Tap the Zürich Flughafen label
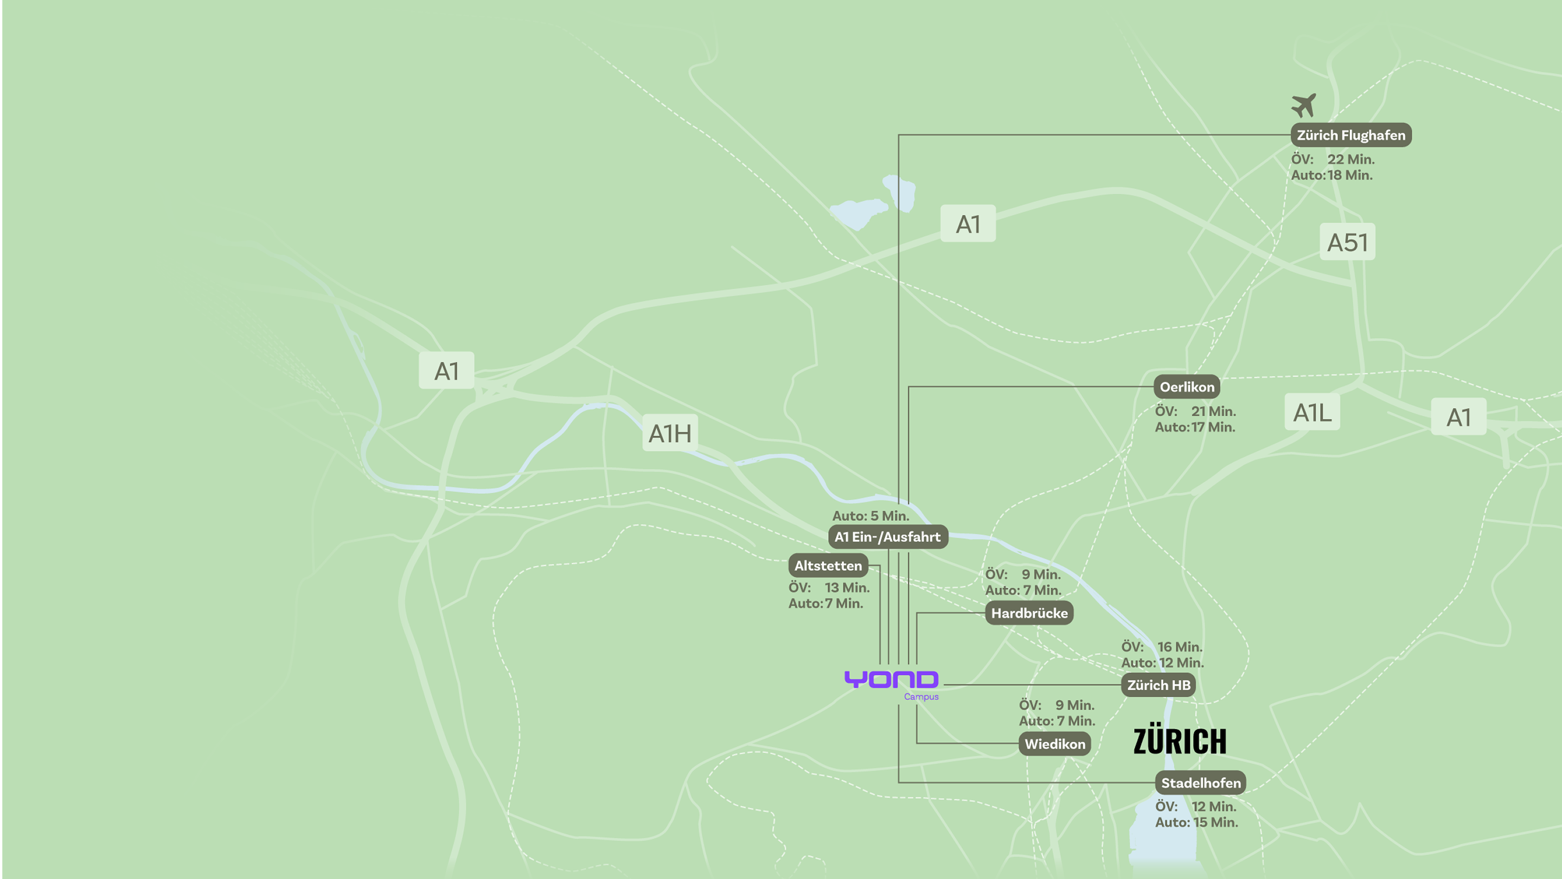click(x=1351, y=135)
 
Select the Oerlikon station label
click(x=1187, y=386)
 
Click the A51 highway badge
click(x=1347, y=242)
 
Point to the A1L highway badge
click(x=1312, y=412)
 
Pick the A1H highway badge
click(x=670, y=433)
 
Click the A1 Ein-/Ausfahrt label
click(x=888, y=537)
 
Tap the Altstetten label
click(x=828, y=565)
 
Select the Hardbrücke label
click(x=1029, y=613)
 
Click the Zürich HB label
click(x=1158, y=685)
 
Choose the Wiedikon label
click(x=1054, y=744)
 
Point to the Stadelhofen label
click(x=1201, y=782)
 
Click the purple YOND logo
click(x=891, y=679)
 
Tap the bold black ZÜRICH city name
click(x=1180, y=741)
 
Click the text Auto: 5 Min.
click(x=870, y=515)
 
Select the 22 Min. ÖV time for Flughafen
click(x=1351, y=159)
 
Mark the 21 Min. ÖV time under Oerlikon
click(x=1213, y=411)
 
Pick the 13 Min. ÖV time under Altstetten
click(x=847, y=587)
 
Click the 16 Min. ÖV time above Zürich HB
click(x=1180, y=647)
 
